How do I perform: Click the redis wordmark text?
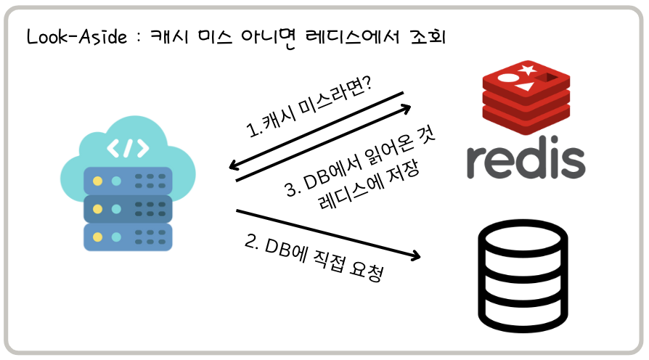tap(526, 159)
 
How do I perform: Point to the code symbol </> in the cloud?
tap(128, 147)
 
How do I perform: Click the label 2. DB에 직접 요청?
tap(314, 258)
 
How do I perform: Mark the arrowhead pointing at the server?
tap(234, 166)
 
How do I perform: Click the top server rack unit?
tap(128, 181)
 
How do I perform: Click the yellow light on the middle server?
tap(97, 208)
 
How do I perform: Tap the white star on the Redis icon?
tap(528, 70)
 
